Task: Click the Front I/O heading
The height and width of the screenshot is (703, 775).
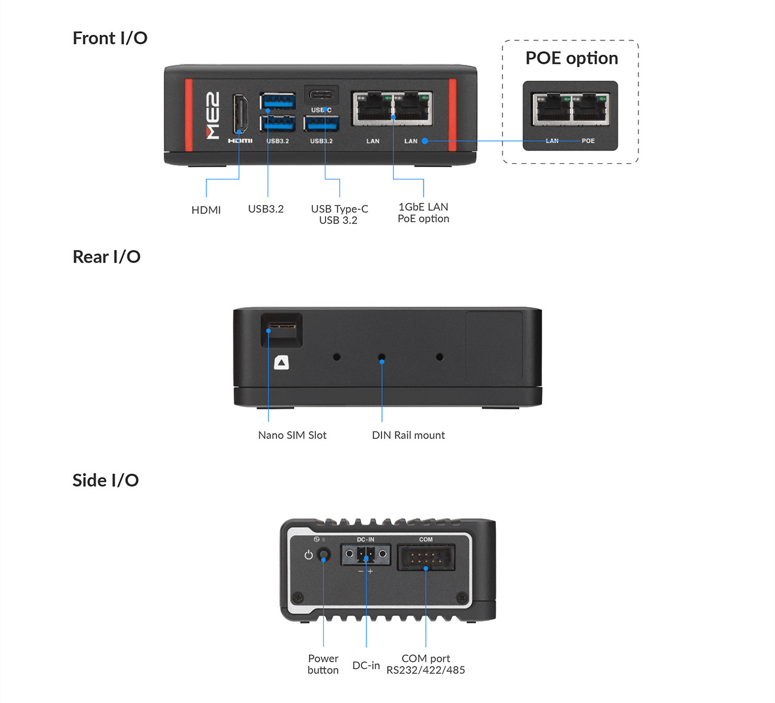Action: click(x=110, y=38)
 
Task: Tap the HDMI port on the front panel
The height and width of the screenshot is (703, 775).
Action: click(x=239, y=114)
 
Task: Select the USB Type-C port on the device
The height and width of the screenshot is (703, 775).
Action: click(x=321, y=96)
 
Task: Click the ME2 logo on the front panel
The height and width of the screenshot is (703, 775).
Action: click(x=212, y=116)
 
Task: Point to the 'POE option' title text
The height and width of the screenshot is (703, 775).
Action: click(x=571, y=58)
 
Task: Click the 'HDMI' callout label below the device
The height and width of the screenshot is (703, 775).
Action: click(x=206, y=210)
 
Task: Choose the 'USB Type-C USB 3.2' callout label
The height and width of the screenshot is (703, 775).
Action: click(x=339, y=214)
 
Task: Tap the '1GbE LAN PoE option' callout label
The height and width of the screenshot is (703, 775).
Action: click(x=423, y=212)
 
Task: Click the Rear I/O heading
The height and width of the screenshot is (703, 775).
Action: click(x=107, y=257)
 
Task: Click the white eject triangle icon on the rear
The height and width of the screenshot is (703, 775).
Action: click(x=282, y=362)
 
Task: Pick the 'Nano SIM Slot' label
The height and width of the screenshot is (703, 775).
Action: click(x=292, y=435)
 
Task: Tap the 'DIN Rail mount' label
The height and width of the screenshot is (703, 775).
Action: click(x=408, y=435)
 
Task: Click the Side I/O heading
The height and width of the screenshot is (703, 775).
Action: click(x=106, y=480)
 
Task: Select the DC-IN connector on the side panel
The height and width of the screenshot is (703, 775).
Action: click(x=365, y=554)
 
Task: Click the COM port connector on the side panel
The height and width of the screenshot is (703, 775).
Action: click(x=425, y=557)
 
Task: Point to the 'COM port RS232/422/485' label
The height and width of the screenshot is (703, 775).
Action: click(x=425, y=664)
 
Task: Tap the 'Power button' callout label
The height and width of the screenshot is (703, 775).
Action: click(x=323, y=664)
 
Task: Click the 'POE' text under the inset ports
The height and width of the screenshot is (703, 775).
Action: click(x=588, y=141)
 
